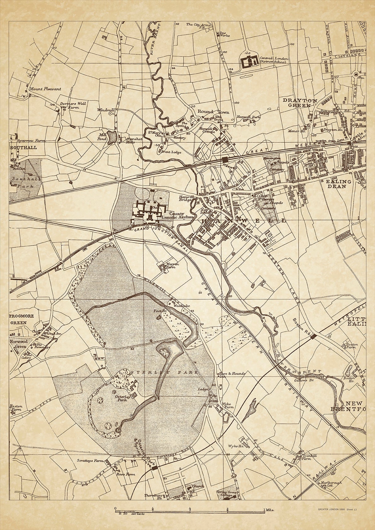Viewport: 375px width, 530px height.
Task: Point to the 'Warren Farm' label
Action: [x=173, y=266]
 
